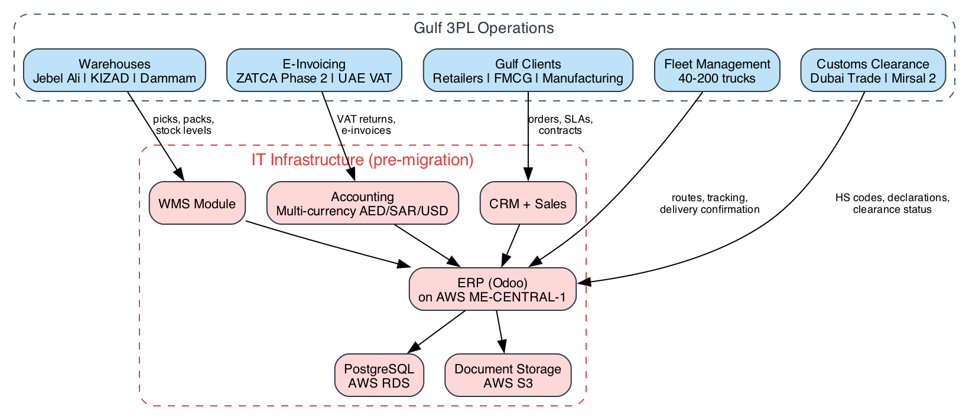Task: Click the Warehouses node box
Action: click(114, 71)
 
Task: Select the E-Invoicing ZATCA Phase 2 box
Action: click(314, 71)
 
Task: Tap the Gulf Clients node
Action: click(528, 71)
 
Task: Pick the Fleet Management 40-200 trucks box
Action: click(717, 71)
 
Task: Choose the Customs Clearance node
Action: click(873, 71)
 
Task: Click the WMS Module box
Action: click(197, 204)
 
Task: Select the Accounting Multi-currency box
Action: click(362, 204)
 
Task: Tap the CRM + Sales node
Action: click(528, 204)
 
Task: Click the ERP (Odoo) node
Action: click(492, 290)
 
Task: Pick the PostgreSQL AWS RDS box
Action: click(379, 376)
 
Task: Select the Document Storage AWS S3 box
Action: click(508, 376)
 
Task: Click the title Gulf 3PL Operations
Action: click(483, 28)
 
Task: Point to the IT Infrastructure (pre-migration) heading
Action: click(362, 160)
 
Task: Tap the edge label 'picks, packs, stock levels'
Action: click(183, 124)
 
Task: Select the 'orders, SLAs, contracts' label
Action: click(560, 124)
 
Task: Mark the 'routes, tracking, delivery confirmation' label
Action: click(709, 204)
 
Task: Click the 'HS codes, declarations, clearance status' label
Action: click(892, 204)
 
